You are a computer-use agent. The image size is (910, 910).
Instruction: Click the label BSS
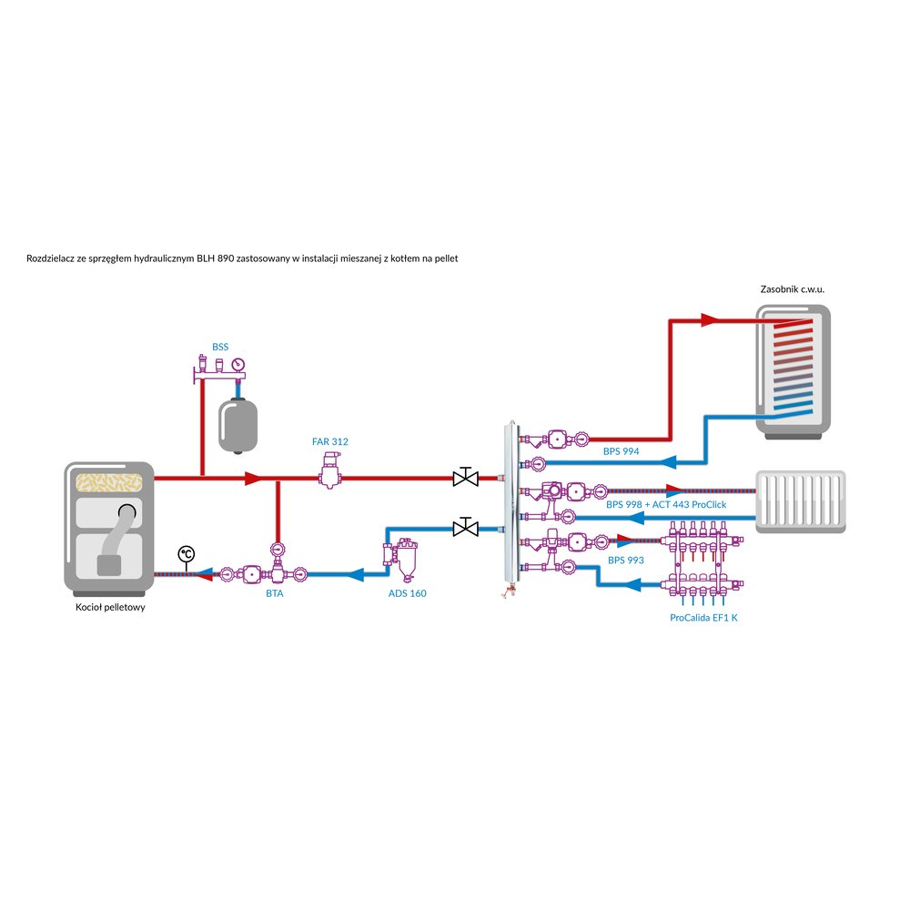220,347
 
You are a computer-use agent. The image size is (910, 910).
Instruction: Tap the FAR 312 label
329,441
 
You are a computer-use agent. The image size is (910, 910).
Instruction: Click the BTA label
274,593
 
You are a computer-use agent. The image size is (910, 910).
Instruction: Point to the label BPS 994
623,450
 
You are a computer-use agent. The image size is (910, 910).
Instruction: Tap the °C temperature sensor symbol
186,553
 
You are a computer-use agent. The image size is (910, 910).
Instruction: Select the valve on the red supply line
465,477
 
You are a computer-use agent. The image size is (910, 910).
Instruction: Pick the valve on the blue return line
465,528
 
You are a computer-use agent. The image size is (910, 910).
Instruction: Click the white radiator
801,500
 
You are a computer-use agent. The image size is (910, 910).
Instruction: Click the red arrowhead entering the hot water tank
710,320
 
